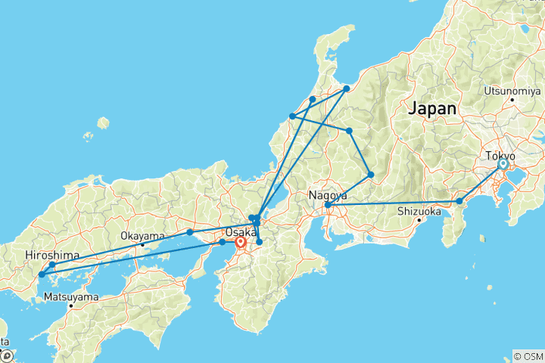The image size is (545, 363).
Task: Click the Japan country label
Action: [x=432, y=108]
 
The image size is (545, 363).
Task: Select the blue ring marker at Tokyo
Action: [x=503, y=164]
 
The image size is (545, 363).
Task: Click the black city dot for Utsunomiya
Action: [x=512, y=100]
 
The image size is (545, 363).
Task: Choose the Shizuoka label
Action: [x=419, y=211]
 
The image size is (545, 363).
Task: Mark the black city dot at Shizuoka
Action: [x=419, y=220]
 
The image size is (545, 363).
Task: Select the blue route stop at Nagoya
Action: [x=327, y=205]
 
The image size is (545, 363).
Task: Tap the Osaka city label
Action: [x=241, y=232]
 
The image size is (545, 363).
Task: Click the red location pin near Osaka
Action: [x=241, y=244]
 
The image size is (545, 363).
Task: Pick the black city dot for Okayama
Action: [x=142, y=244]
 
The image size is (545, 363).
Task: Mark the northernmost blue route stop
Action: [x=346, y=89]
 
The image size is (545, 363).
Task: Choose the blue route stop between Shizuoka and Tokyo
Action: [x=459, y=201]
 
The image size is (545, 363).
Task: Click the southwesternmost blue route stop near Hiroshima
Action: [x=41, y=275]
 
